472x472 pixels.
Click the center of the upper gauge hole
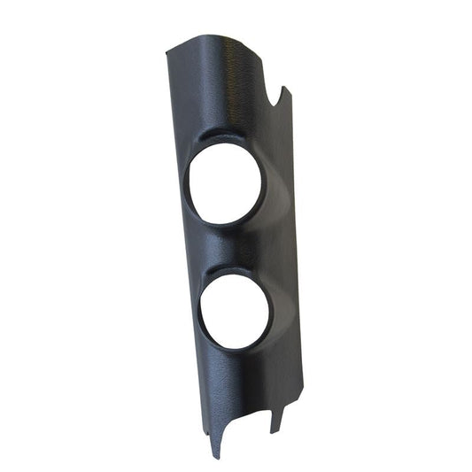pos(224,183)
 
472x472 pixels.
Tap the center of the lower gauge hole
pos(236,311)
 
